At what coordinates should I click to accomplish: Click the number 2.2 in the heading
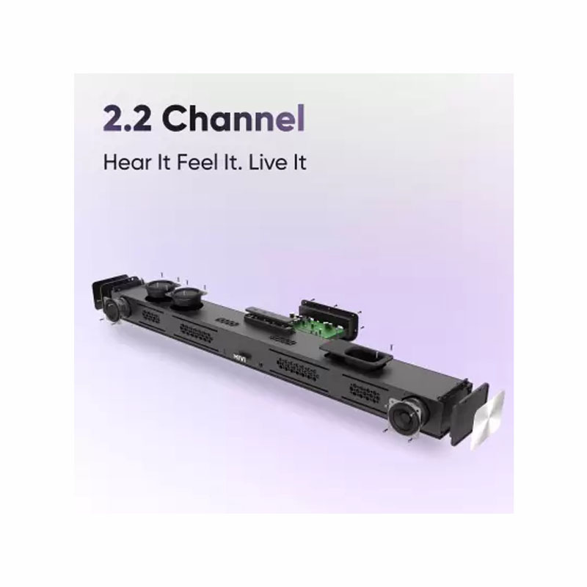click(x=127, y=118)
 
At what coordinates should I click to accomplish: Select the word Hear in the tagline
click(x=126, y=162)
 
